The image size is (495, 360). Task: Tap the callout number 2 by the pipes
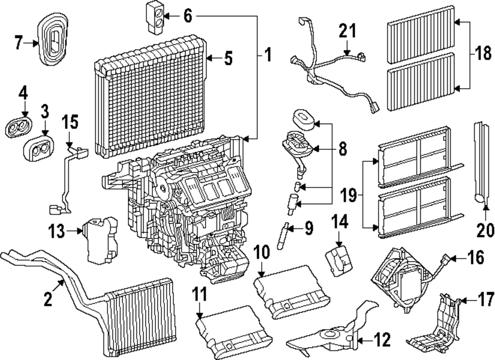pyautogui.click(x=48, y=300)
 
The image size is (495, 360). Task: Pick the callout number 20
pyautogui.click(x=486, y=230)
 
